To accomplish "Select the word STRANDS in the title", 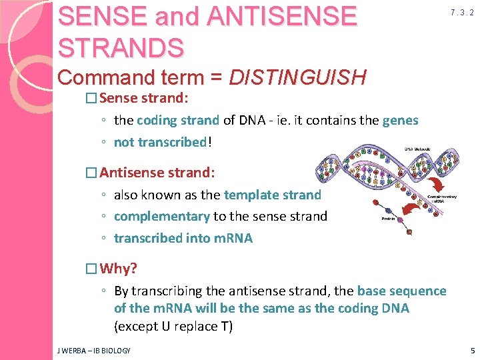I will point(121,47).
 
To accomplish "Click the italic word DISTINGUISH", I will point(297,78).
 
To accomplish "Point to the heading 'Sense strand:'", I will point(144,99).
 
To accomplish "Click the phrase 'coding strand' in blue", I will point(177,121).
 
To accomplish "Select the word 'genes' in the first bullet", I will point(400,121).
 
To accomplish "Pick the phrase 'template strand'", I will point(272,195).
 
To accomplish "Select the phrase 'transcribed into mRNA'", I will point(183,238).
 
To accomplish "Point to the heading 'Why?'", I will point(118,269).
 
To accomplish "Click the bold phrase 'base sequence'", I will point(401,291).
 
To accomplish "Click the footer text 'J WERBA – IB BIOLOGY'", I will point(94,350).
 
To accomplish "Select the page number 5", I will point(472,350).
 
